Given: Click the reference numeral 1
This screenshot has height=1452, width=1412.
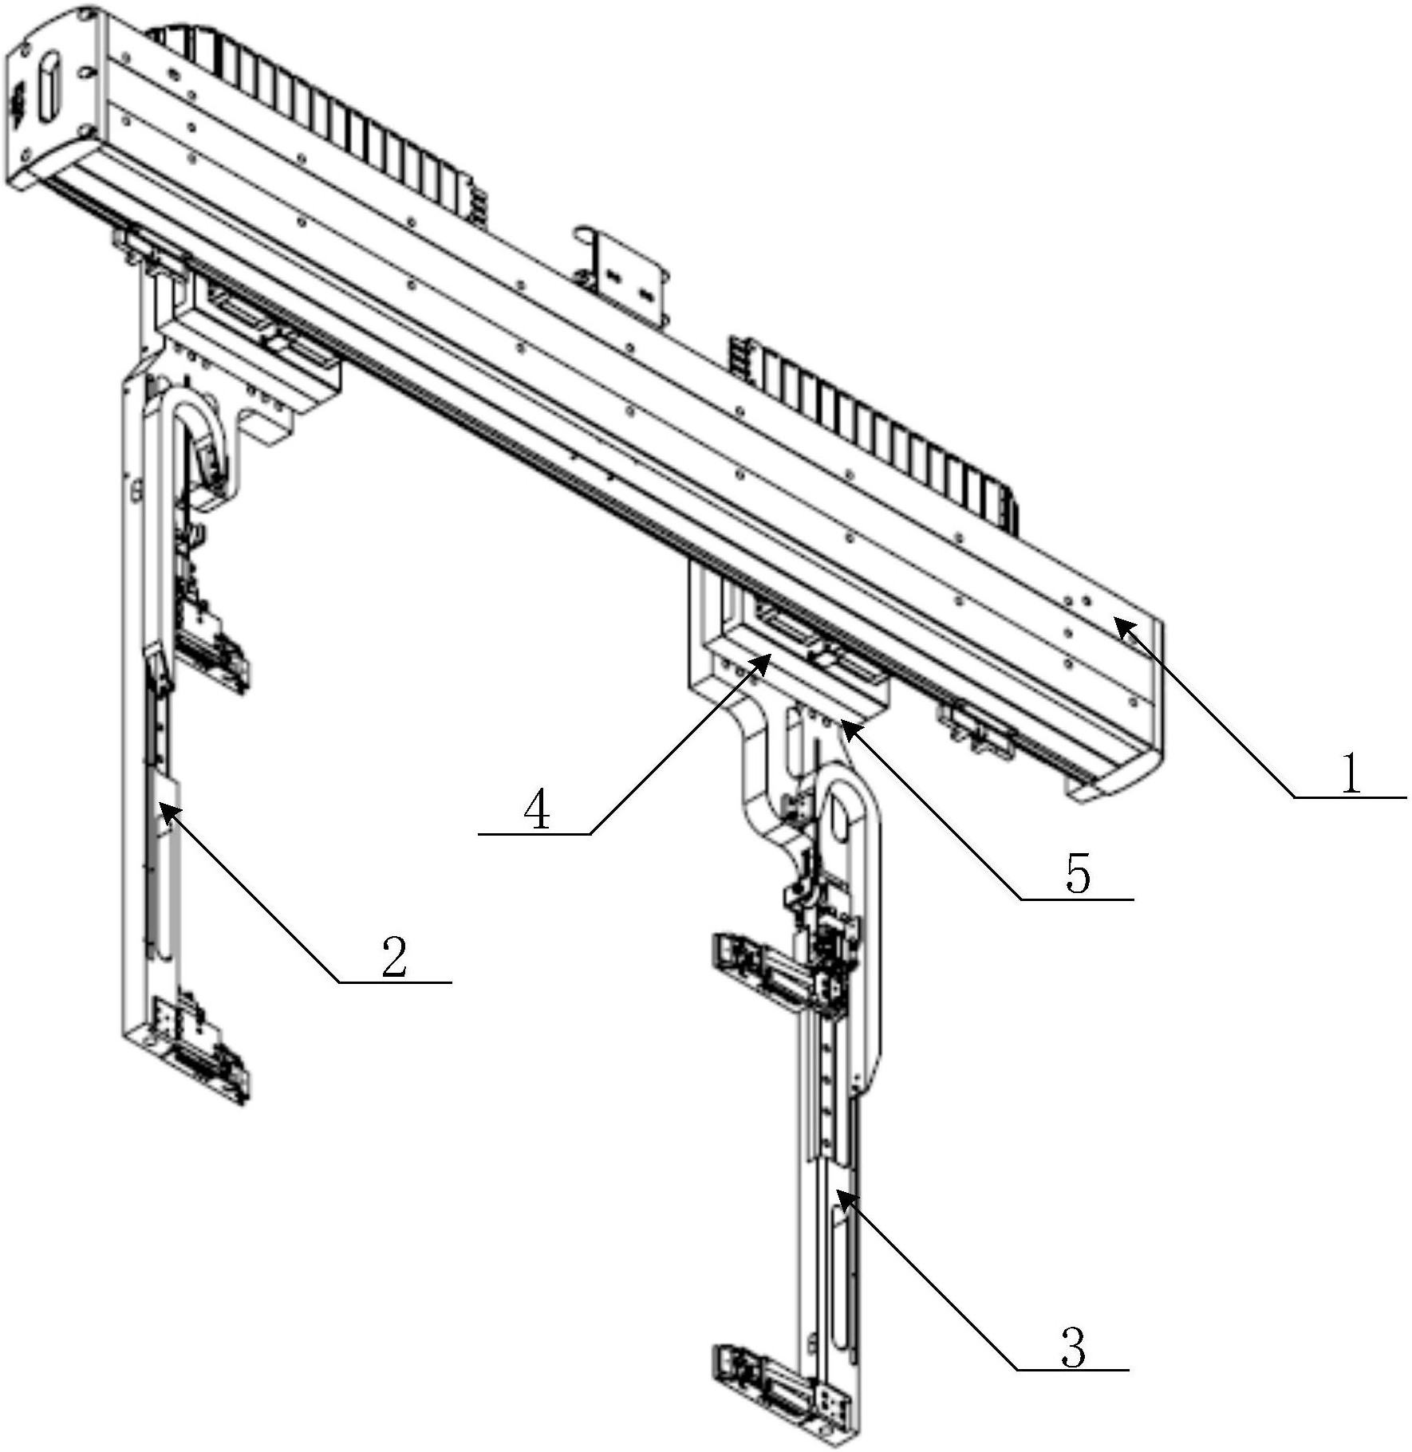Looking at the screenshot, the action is point(1351,773).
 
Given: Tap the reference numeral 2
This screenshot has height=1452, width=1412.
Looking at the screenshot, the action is point(394,957).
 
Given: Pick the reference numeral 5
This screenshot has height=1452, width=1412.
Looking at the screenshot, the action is point(1077,875).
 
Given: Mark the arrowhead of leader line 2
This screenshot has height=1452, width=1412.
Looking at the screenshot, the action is point(168,813).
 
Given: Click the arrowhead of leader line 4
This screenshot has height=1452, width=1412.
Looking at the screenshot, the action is point(763,663).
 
